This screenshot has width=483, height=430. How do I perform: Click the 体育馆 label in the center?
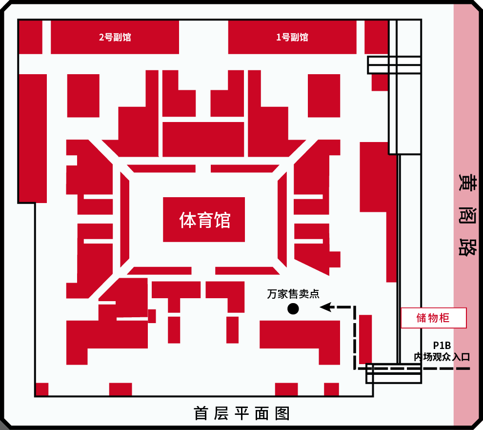204,220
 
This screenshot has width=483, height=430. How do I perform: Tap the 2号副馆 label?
115,37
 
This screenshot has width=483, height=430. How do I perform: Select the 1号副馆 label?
292,37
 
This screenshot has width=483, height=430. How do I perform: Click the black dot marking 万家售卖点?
293,308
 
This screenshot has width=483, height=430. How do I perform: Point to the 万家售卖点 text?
293,294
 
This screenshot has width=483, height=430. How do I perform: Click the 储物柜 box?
433,318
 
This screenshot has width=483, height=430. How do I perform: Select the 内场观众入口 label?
442,357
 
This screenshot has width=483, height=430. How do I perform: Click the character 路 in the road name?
467,248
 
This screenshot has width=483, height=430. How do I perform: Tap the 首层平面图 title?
242,413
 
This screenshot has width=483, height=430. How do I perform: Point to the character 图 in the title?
282,413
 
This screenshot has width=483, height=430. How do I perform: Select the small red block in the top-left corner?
30,37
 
